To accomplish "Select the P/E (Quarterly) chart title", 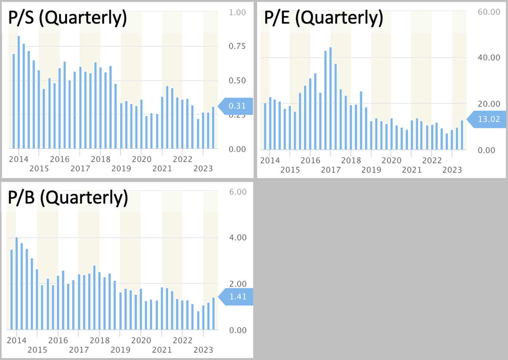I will pos(323,17).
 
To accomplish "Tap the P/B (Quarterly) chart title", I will pos(68,197).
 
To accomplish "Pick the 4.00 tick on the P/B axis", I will pos(238,238).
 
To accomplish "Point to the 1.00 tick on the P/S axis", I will pos(237,12).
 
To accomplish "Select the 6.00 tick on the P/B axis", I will pos(238,192).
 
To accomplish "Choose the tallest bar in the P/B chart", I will pos(17,283).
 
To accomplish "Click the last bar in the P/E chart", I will pos(462,135).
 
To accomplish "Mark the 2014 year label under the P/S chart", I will pos(18,159).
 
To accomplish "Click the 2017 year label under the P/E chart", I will pos(331,170).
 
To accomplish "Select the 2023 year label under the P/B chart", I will pos(203,350).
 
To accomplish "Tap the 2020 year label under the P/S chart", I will pos(142,159).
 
